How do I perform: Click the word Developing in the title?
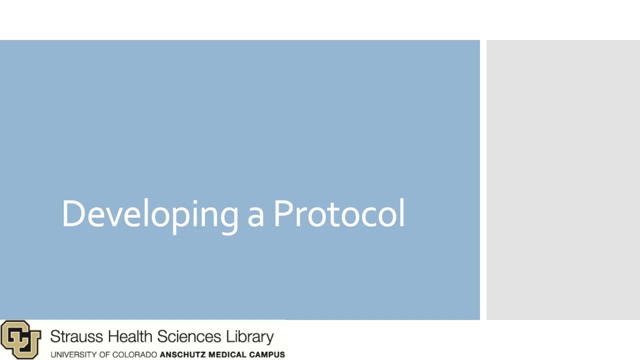150,214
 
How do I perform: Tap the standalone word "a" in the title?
255,216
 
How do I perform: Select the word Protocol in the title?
338,214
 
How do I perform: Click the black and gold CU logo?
20,339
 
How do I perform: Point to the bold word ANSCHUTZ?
180,354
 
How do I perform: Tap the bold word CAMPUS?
268,354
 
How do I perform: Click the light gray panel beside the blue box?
563,180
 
